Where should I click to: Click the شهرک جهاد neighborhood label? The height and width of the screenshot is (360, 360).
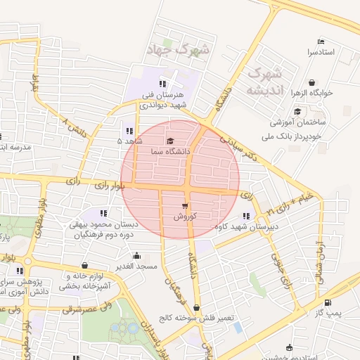(x=176, y=50)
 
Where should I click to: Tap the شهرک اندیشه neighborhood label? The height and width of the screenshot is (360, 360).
(x=264, y=82)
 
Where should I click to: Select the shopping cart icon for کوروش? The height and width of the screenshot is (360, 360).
(x=185, y=206)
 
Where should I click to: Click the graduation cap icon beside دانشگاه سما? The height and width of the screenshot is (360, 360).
(x=169, y=141)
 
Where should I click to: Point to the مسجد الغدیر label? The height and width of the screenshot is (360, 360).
(x=135, y=266)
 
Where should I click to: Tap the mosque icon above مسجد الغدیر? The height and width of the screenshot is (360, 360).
(x=136, y=257)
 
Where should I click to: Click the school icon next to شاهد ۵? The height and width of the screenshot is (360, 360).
(x=128, y=131)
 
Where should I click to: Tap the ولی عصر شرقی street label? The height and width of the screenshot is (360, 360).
(x=87, y=307)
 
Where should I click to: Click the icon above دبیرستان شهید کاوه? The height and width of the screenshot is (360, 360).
(x=245, y=216)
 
